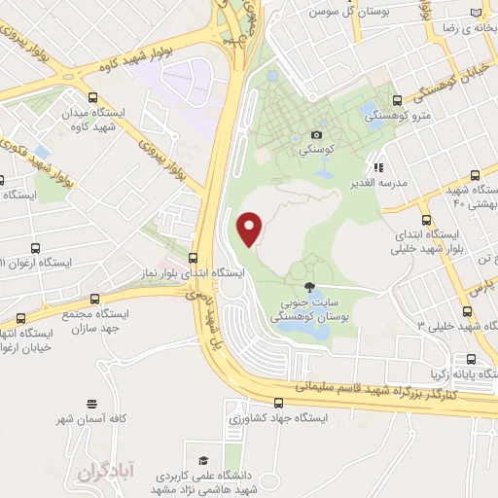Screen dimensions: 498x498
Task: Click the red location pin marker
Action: [x=250, y=228]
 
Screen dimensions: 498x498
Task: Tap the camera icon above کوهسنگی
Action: [x=317, y=134]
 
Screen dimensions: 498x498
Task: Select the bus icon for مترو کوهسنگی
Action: [x=397, y=99]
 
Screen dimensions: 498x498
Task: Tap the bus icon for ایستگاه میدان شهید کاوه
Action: [x=92, y=97]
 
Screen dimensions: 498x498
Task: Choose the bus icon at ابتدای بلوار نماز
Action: [x=193, y=258]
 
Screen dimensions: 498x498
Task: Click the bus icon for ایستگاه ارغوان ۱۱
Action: [x=36, y=248]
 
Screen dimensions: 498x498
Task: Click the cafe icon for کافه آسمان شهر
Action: [x=91, y=403]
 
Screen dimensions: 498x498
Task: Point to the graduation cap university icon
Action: [x=202, y=460]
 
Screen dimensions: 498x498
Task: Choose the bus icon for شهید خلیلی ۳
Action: [x=468, y=312]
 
